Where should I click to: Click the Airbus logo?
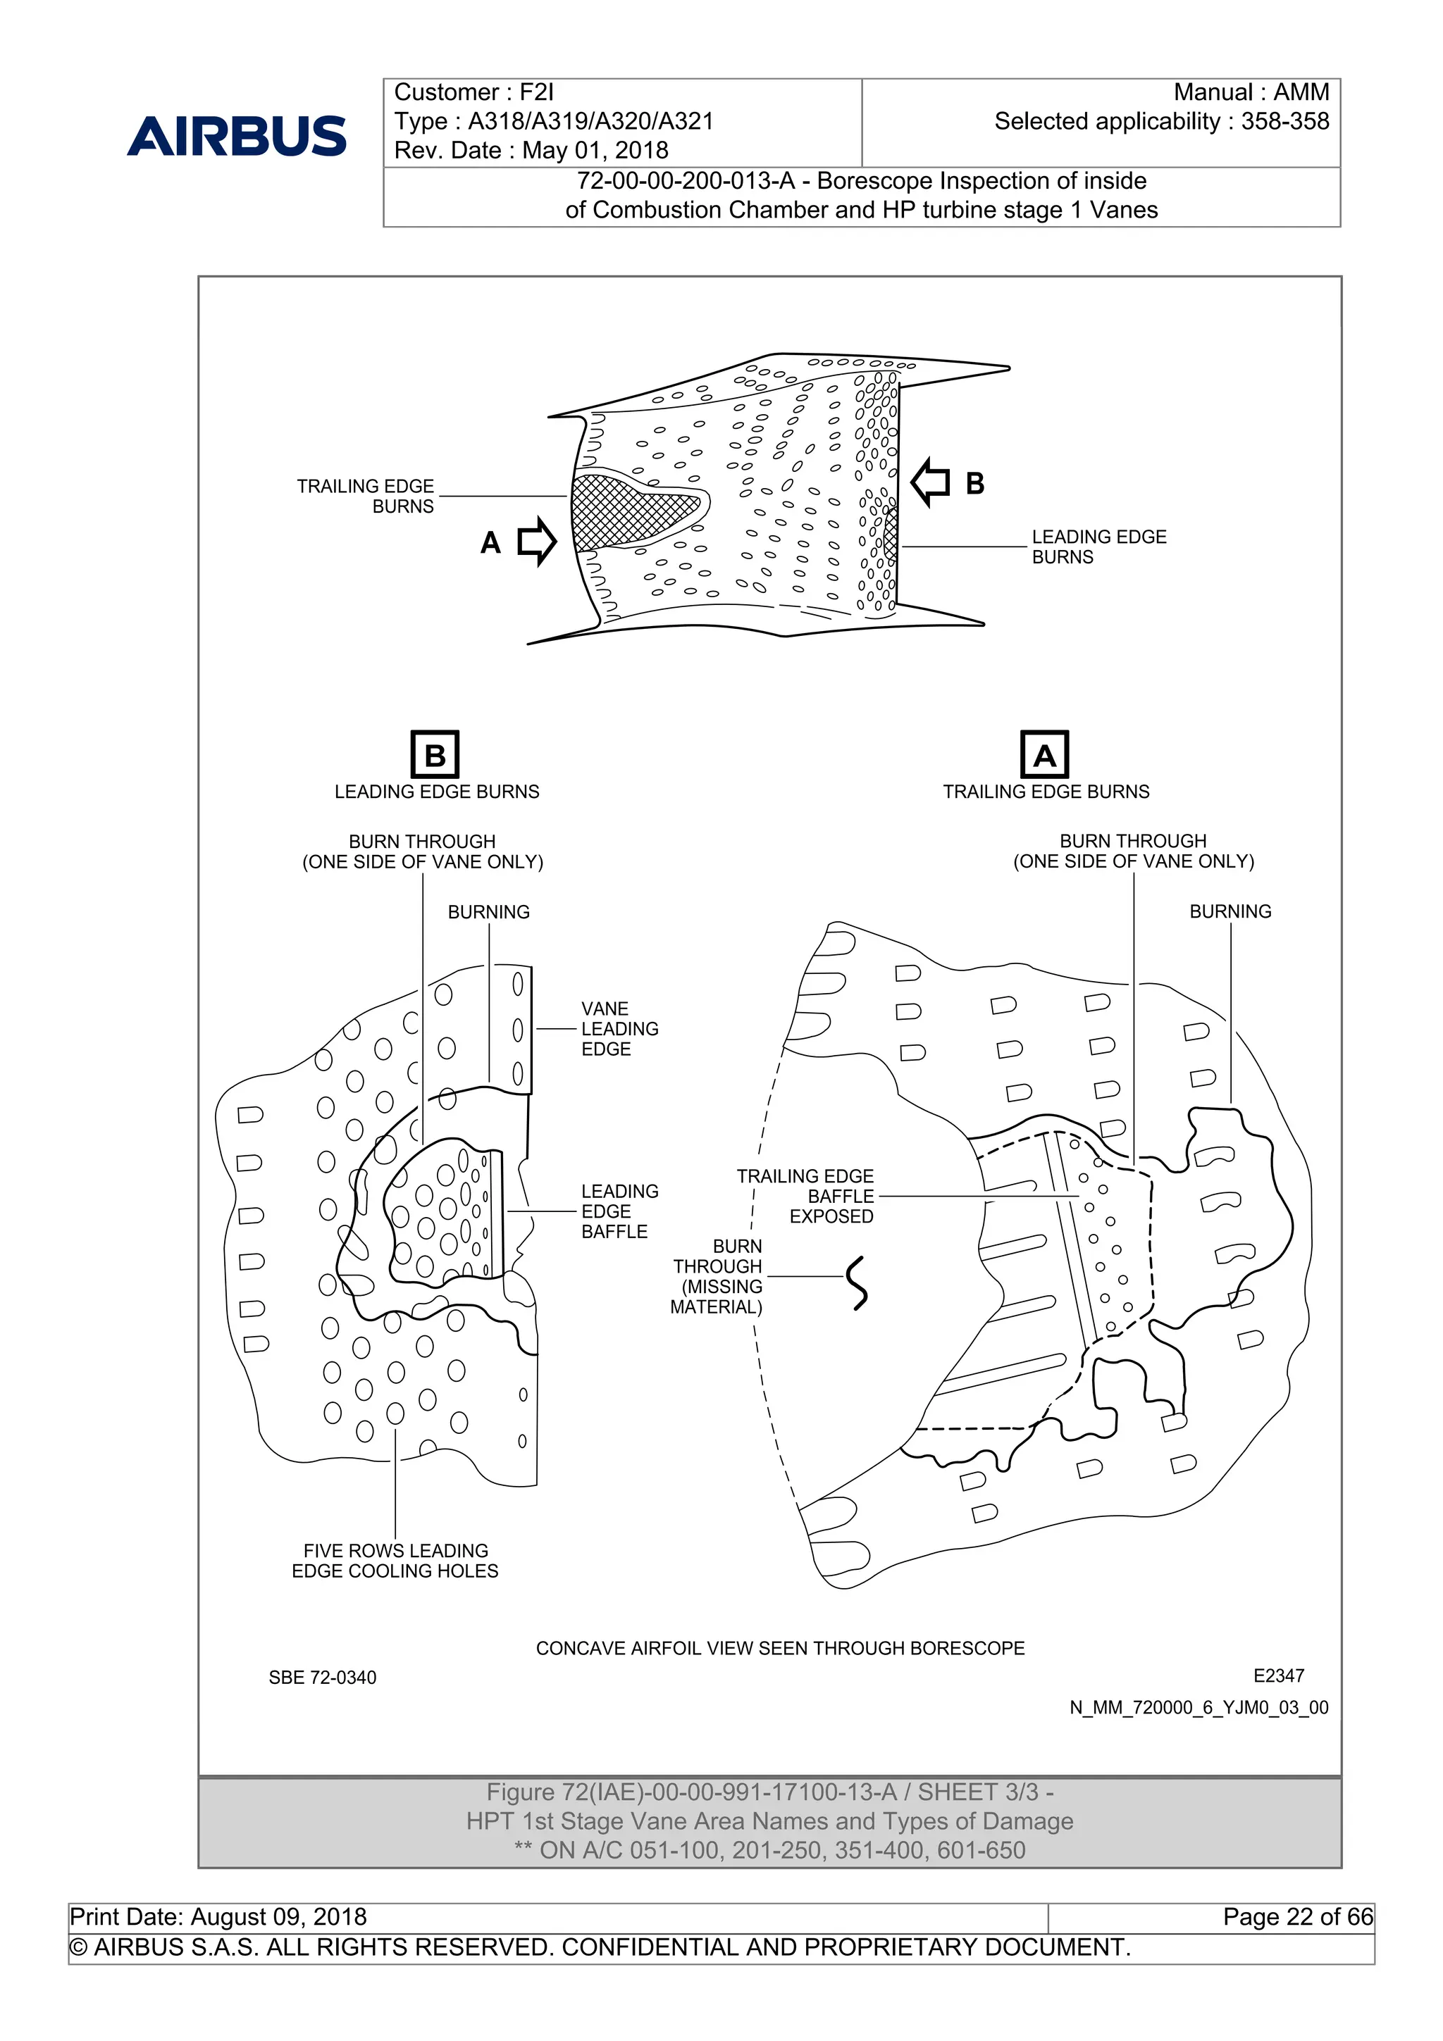237,136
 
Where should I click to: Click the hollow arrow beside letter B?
931,482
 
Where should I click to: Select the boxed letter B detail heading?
435,755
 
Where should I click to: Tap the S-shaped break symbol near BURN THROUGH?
857,1282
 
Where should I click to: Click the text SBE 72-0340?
322,1678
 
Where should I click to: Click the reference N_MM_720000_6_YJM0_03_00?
1199,1708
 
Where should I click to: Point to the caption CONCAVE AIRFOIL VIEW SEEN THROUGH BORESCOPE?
780,1648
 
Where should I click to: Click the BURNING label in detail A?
1230,911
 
